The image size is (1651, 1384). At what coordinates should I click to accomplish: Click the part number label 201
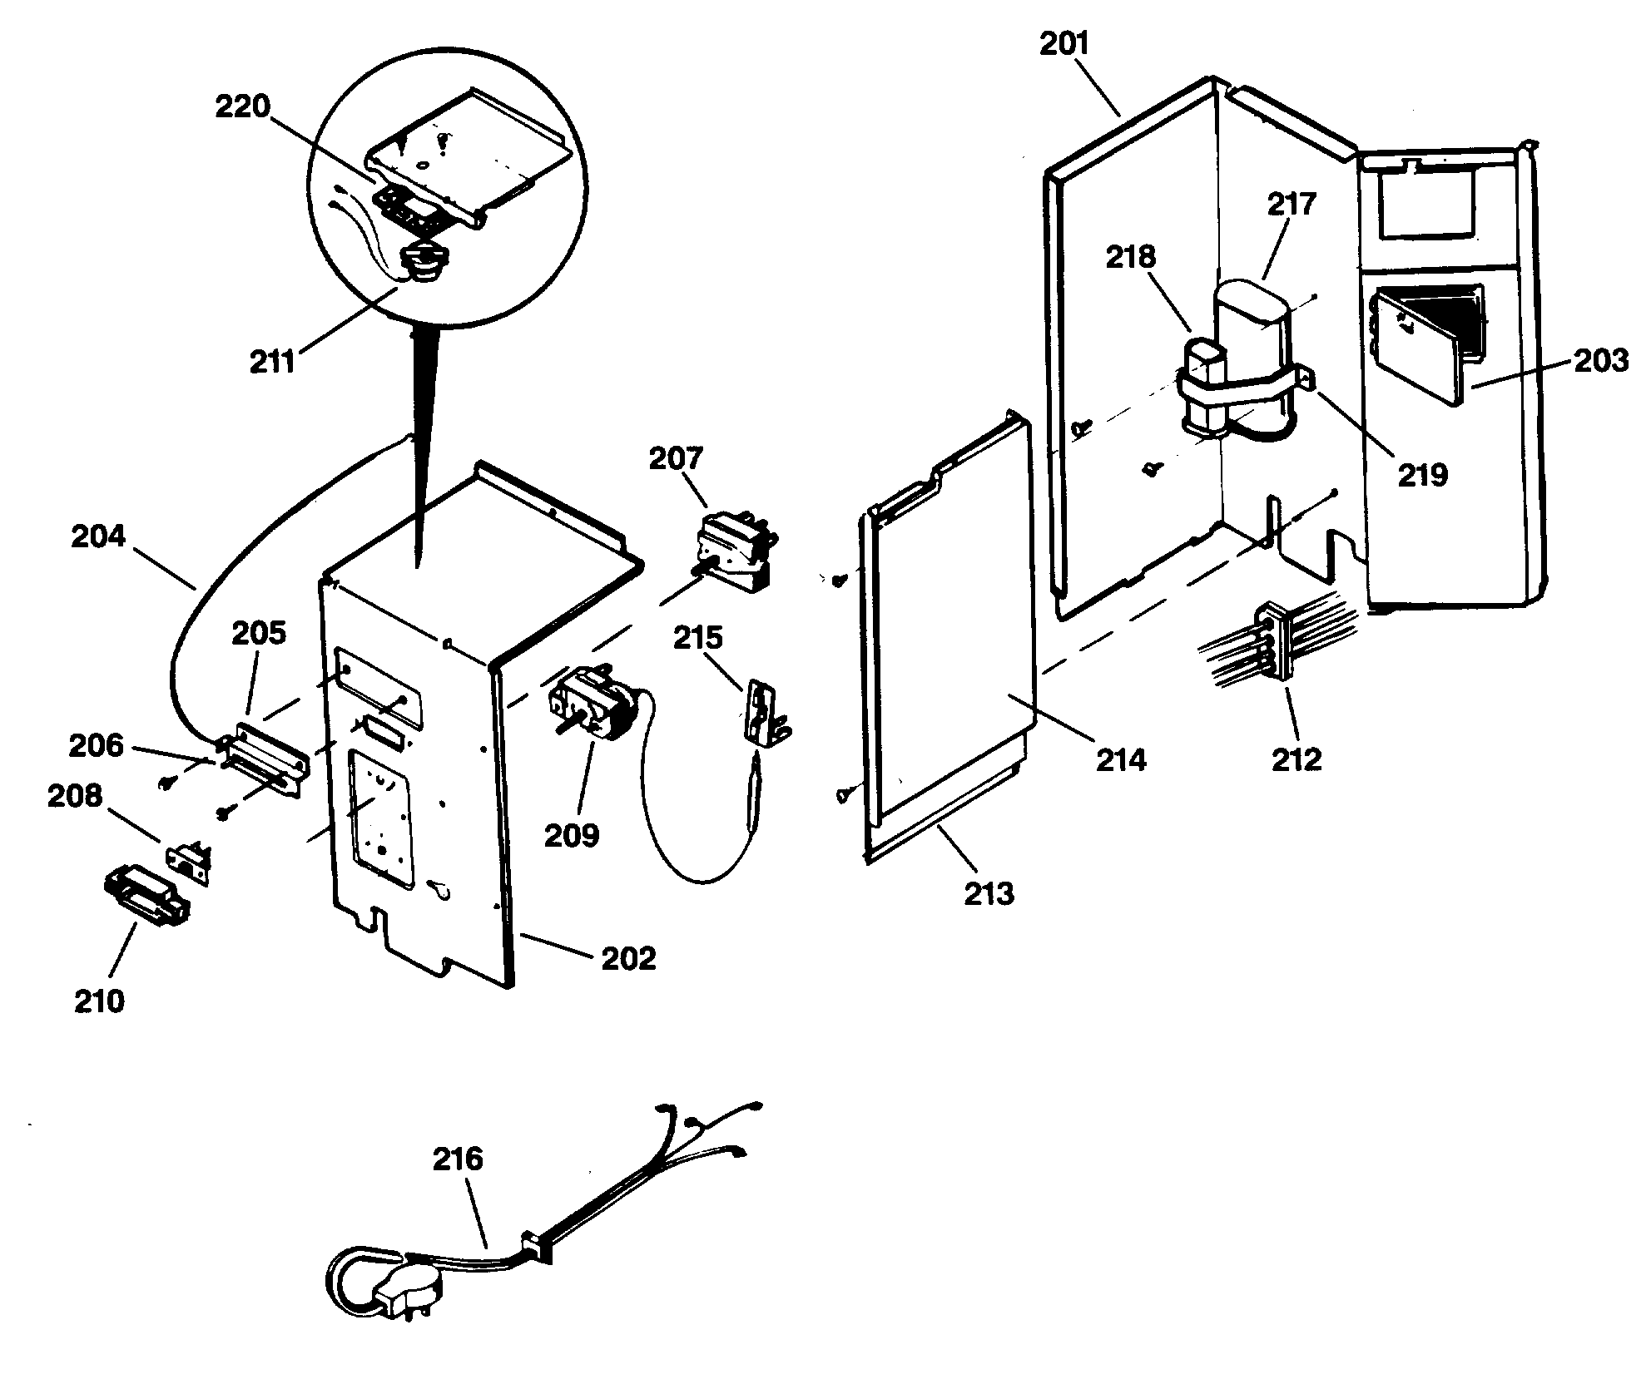tap(1064, 44)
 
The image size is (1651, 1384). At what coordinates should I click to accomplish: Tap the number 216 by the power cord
tap(458, 1159)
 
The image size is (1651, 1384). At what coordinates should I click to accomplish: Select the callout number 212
tap(1297, 759)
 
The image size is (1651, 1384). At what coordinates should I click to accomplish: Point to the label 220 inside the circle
tap(243, 107)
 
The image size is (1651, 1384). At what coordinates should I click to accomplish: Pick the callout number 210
tap(99, 1001)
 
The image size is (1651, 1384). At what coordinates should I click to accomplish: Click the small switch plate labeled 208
tap(191, 857)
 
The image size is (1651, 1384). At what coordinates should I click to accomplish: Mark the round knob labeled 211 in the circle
tap(427, 264)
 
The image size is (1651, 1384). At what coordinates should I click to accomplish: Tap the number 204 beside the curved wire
tap(98, 536)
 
